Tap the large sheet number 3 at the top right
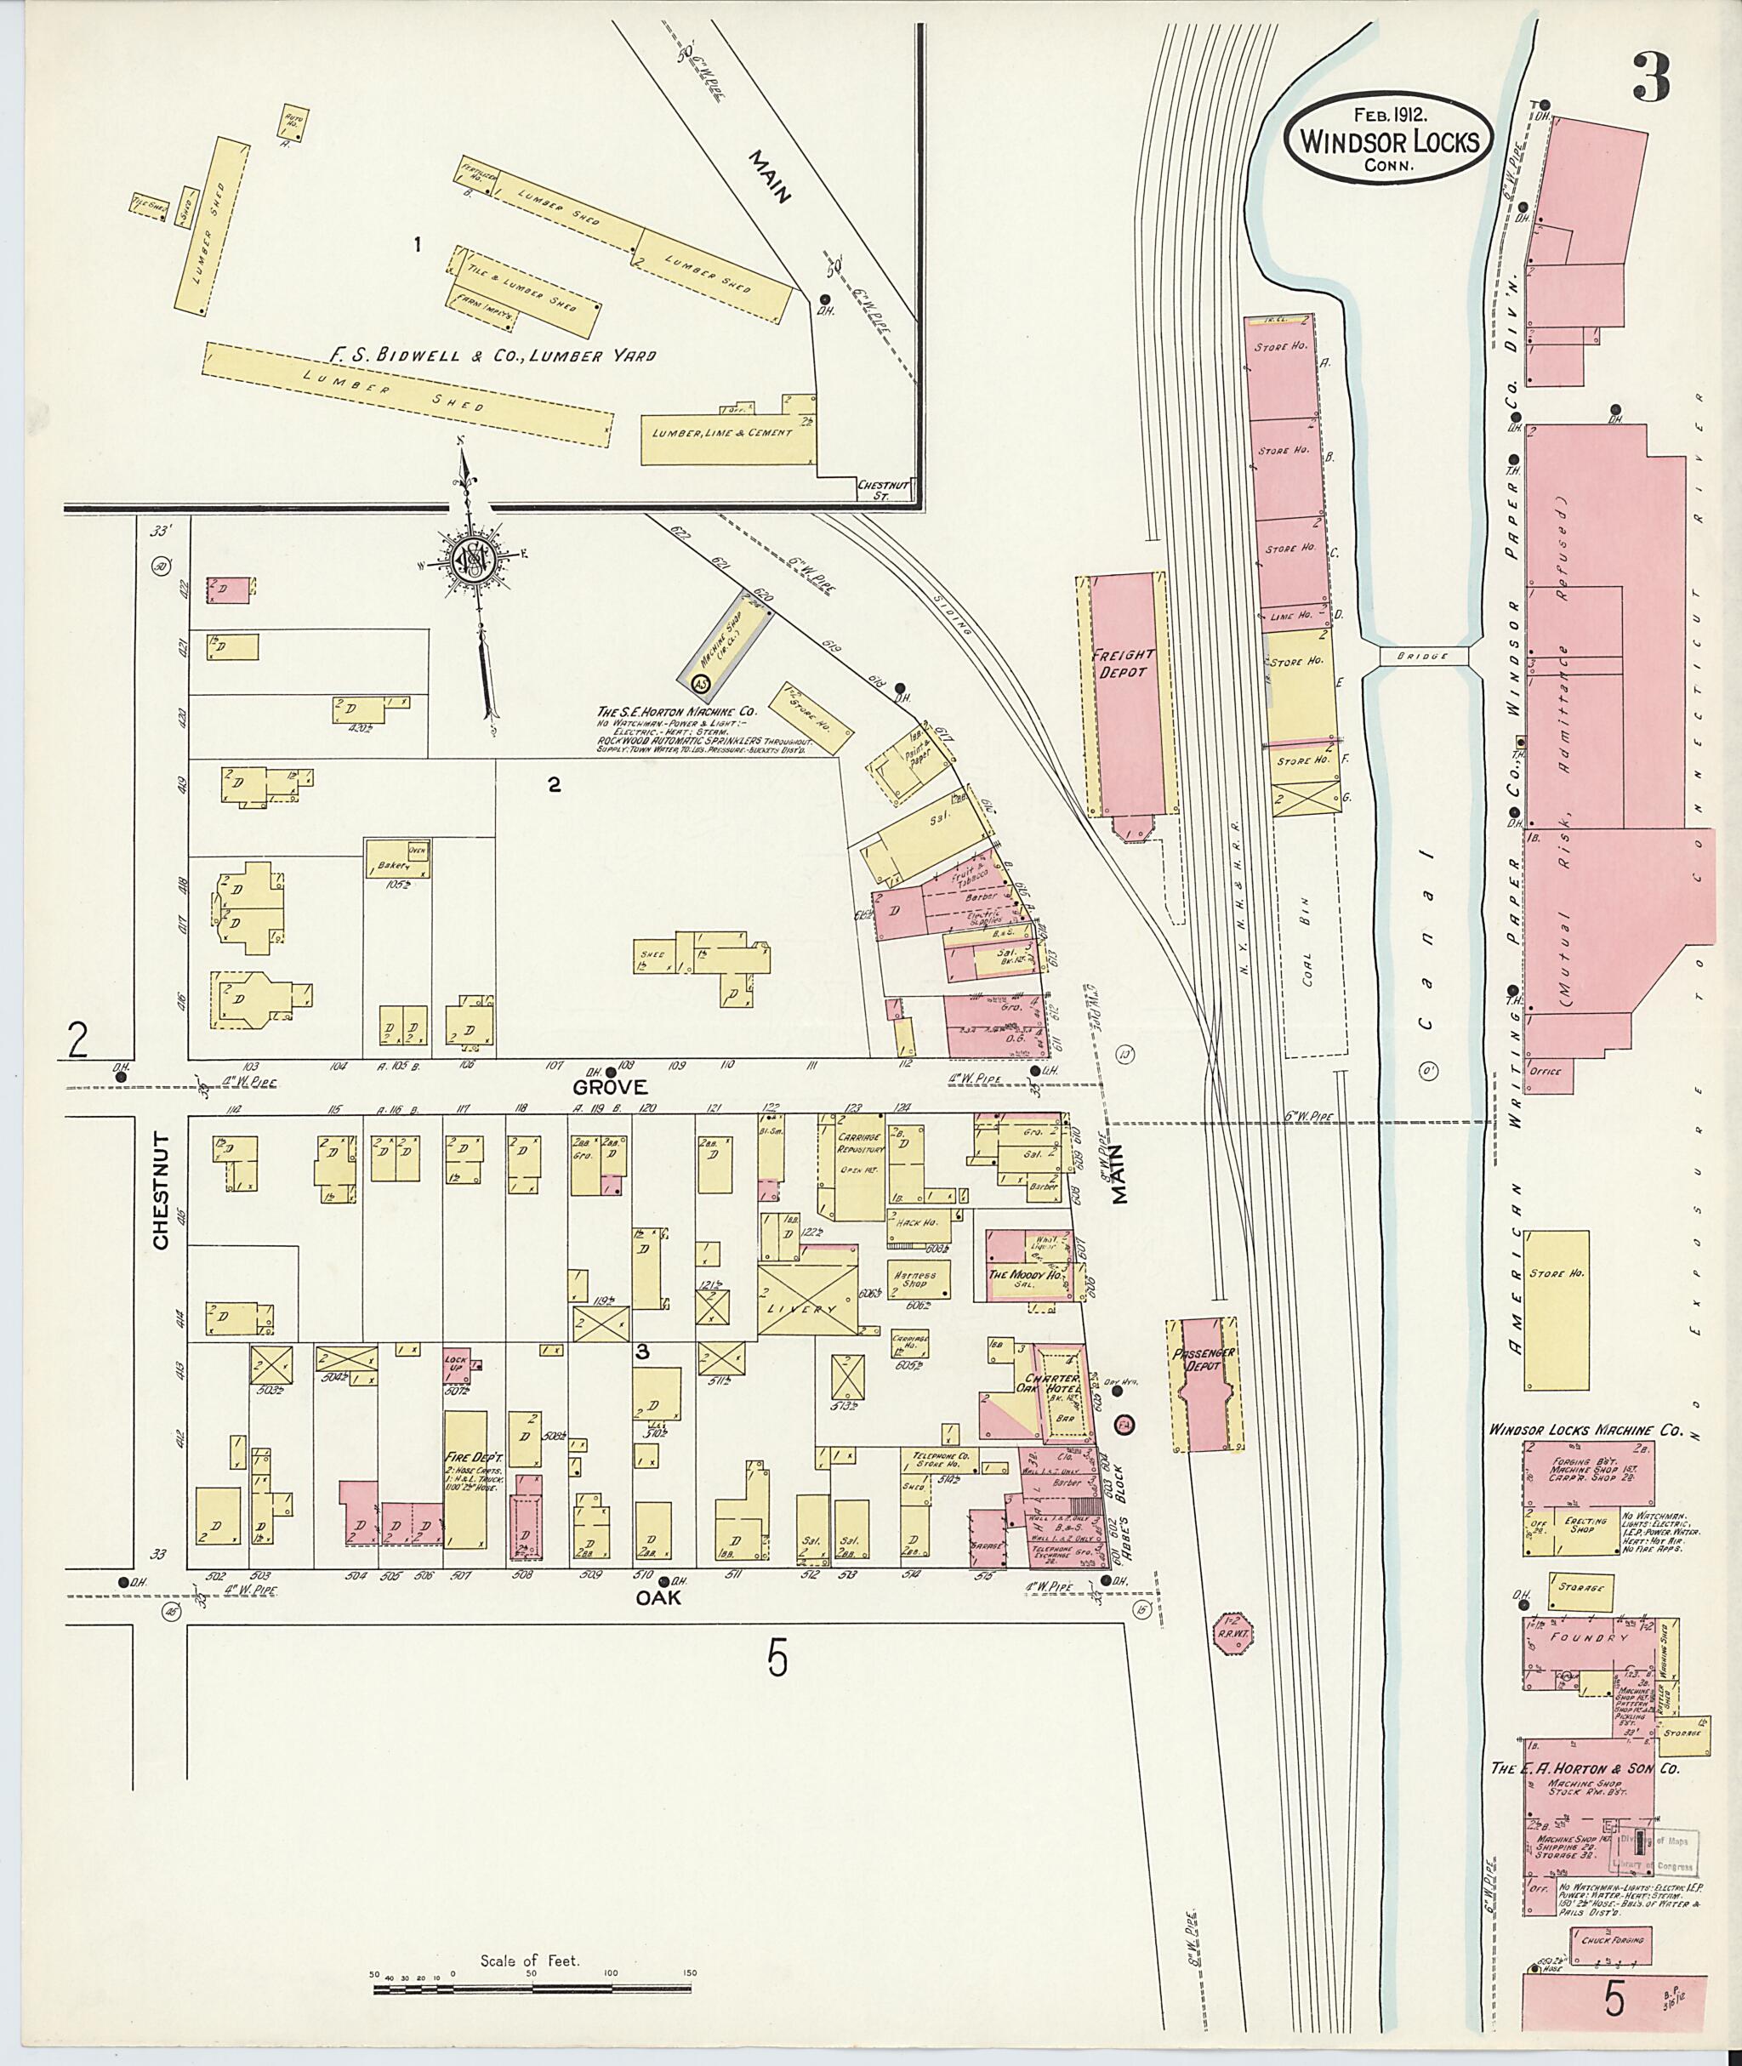pos(1651,77)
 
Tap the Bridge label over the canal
pos(1423,656)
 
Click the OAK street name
pos(658,1599)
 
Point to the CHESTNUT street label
pos(161,1192)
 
